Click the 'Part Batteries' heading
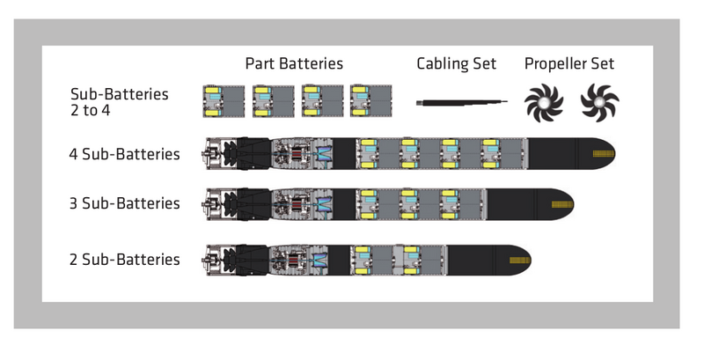[294, 63]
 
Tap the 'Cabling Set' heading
[456, 63]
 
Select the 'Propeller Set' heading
[569, 63]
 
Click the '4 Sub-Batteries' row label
[124, 154]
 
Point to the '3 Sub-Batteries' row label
[124, 203]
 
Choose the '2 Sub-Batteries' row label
[124, 260]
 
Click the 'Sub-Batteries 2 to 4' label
[120, 102]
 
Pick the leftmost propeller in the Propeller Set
[544, 103]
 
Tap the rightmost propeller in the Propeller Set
[600, 103]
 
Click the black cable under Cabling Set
[462, 103]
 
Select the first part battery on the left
[224, 101]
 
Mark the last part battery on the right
[370, 101]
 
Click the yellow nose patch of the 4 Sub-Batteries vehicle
[604, 154]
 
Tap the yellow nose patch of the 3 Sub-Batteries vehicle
[562, 205]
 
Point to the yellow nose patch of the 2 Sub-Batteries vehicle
[520, 261]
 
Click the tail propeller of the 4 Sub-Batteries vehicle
[230, 154]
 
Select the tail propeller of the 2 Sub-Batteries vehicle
[230, 260]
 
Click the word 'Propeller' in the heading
[553, 63]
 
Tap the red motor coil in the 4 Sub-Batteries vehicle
[296, 154]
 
